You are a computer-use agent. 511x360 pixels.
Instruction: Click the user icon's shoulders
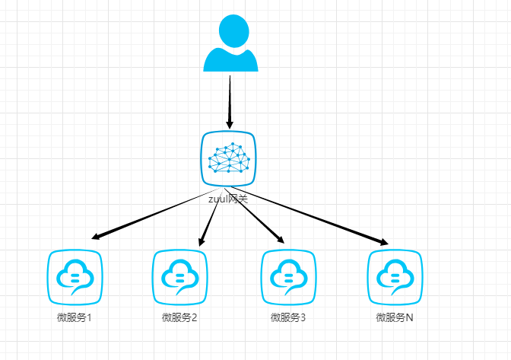231,61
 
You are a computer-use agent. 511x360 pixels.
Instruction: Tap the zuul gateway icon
229,158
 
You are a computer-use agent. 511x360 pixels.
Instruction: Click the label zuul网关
228,199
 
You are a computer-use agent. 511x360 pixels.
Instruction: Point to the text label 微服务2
179,317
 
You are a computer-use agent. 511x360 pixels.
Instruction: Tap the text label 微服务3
287,317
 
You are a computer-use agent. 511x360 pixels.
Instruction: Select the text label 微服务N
395,317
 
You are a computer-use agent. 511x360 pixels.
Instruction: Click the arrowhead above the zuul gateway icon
229,123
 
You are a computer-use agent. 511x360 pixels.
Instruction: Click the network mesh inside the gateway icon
230,158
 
